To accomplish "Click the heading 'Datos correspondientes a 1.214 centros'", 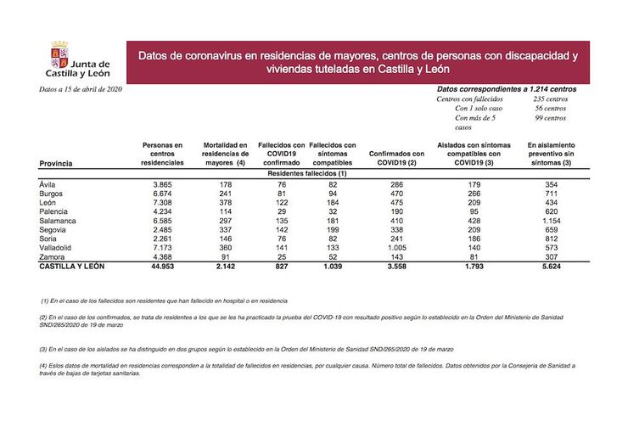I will tap(507, 88).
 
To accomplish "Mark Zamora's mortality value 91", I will tap(225, 256).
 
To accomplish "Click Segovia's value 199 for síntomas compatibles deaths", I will tap(332, 229).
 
